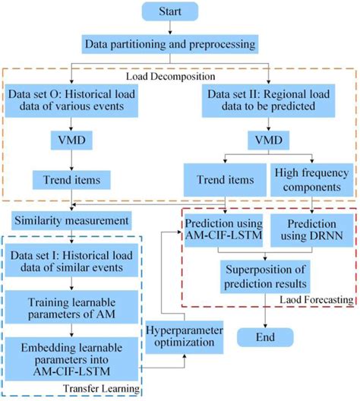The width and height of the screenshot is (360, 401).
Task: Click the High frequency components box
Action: [313, 180]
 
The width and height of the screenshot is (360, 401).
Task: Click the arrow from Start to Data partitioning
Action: [180, 28]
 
